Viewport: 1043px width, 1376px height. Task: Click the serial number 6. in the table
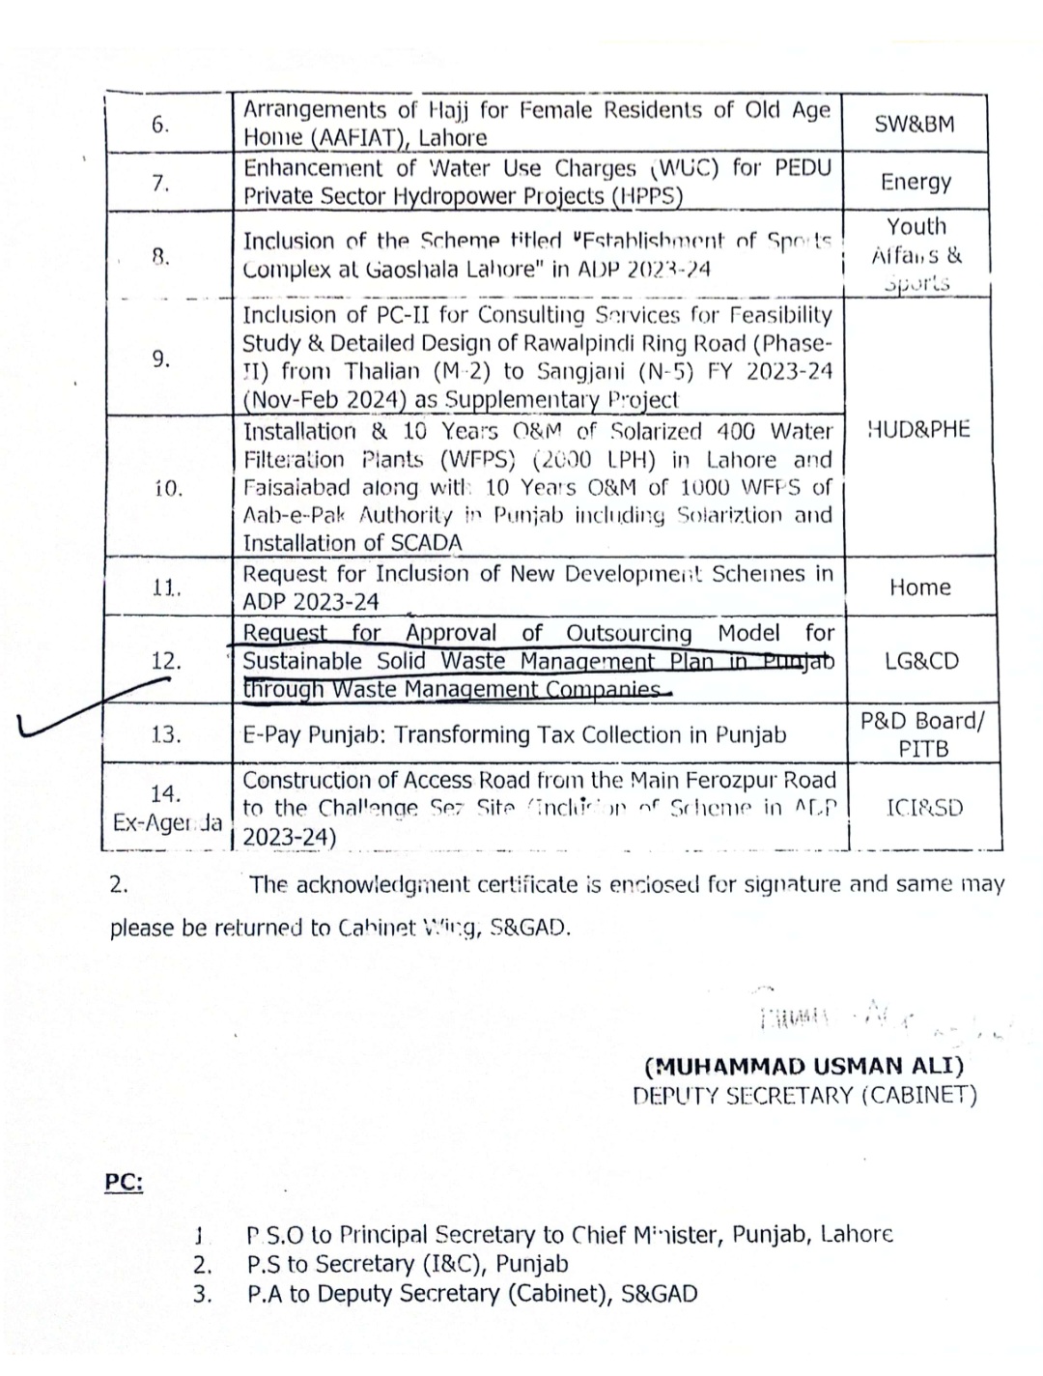pyautogui.click(x=160, y=125)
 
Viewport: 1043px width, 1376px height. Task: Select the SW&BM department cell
pyautogui.click(x=914, y=124)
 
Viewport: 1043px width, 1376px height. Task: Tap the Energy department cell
pyautogui.click(x=916, y=182)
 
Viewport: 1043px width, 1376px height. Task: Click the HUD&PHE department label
pyautogui.click(x=918, y=430)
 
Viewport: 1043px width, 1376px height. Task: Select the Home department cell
pyautogui.click(x=919, y=588)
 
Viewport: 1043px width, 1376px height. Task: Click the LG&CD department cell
pyautogui.click(x=921, y=661)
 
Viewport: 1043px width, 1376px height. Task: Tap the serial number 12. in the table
pyautogui.click(x=166, y=661)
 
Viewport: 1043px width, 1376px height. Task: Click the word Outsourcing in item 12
pyautogui.click(x=629, y=633)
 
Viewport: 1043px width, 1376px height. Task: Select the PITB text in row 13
pyautogui.click(x=922, y=749)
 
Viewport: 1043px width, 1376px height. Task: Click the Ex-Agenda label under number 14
pyautogui.click(x=166, y=823)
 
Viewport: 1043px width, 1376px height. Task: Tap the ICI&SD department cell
pyautogui.click(x=923, y=808)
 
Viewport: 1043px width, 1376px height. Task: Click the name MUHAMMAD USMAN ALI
pyautogui.click(x=804, y=1067)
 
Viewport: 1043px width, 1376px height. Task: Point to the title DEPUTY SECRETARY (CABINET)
pyautogui.click(x=804, y=1096)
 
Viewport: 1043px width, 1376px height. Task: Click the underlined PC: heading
pyautogui.click(x=124, y=1183)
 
